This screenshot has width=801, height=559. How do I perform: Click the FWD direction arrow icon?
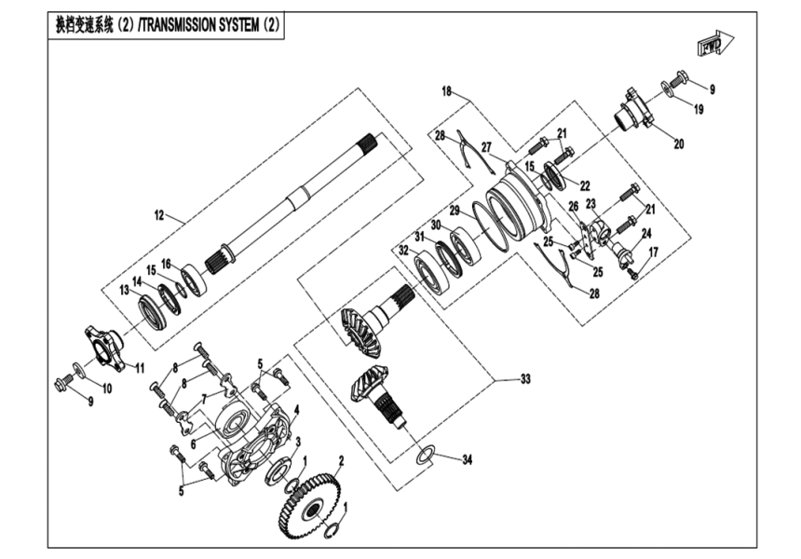click(x=714, y=44)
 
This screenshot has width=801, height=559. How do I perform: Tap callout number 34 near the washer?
click(x=467, y=457)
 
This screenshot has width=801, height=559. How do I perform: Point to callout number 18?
click(x=447, y=91)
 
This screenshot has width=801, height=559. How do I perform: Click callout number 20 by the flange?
click(x=677, y=143)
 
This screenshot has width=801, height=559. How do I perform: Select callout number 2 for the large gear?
click(x=342, y=459)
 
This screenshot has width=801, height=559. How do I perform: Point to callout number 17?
click(x=653, y=252)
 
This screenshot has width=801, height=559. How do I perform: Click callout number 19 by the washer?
click(x=698, y=109)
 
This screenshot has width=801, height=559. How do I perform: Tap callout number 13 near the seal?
click(x=124, y=290)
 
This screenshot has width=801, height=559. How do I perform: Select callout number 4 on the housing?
click(x=295, y=410)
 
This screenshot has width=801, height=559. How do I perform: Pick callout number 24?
click(x=645, y=233)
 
